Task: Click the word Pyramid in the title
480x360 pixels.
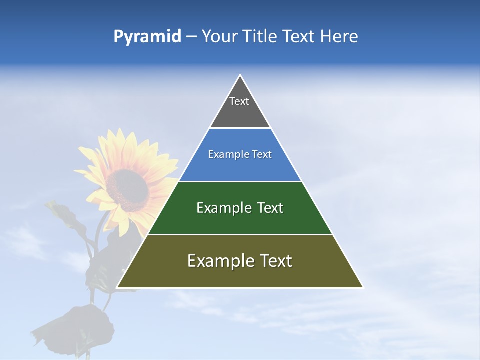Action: [147, 37]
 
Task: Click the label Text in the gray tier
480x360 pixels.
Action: [239, 101]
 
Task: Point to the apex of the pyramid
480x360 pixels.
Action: [240, 76]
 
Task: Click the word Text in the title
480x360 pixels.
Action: [298, 37]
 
